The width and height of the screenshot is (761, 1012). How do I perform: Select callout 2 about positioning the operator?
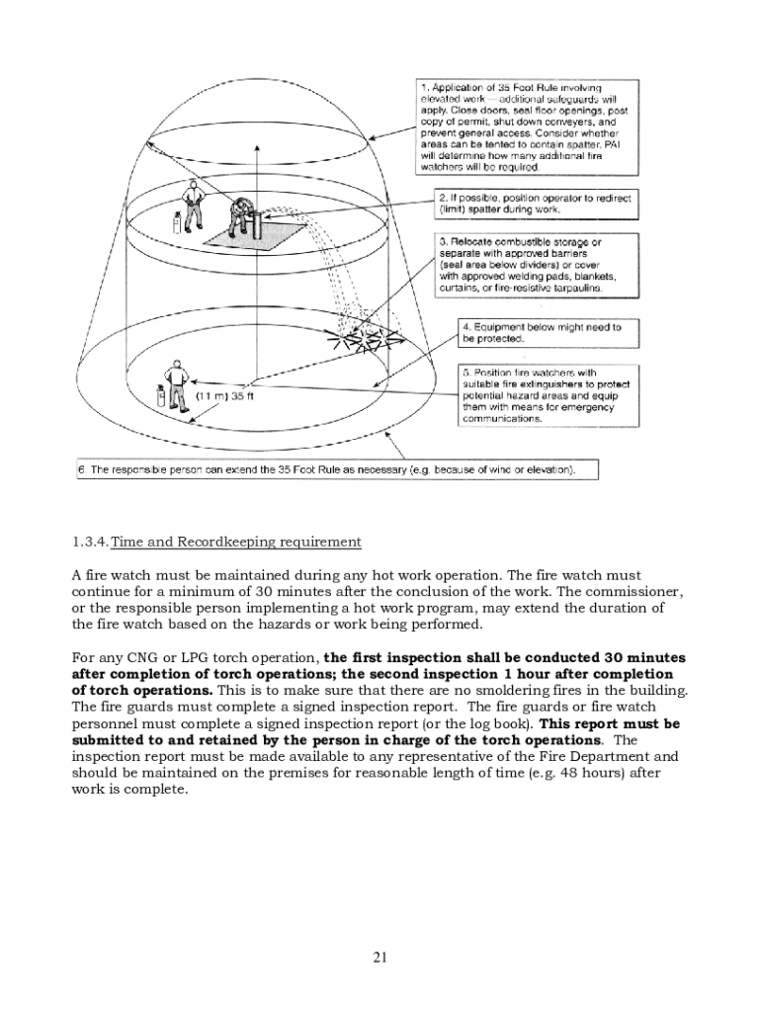(535, 204)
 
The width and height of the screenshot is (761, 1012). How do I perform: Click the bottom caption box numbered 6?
(337, 469)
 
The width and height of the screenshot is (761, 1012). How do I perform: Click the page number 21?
(380, 956)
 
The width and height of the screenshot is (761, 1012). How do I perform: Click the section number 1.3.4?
(90, 542)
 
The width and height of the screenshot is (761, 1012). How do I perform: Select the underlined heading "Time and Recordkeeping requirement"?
(237, 542)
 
